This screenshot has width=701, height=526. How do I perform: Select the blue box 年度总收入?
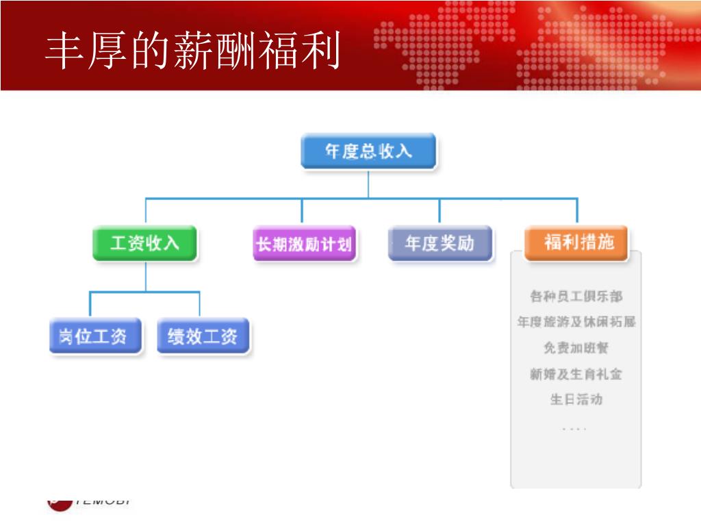(x=368, y=151)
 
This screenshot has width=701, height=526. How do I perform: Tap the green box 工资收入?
(x=145, y=243)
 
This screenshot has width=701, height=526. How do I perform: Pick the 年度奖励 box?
(x=439, y=244)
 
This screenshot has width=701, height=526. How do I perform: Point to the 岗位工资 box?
(x=94, y=336)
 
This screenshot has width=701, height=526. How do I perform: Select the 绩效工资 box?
(x=203, y=336)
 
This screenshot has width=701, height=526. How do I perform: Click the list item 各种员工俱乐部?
(x=576, y=297)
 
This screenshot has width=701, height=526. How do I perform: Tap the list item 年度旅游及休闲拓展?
(x=576, y=322)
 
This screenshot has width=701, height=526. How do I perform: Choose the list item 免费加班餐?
(x=576, y=348)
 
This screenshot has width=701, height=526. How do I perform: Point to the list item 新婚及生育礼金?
(x=576, y=374)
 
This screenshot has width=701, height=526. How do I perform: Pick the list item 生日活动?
(x=576, y=399)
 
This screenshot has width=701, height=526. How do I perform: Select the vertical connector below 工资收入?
(x=145, y=277)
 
